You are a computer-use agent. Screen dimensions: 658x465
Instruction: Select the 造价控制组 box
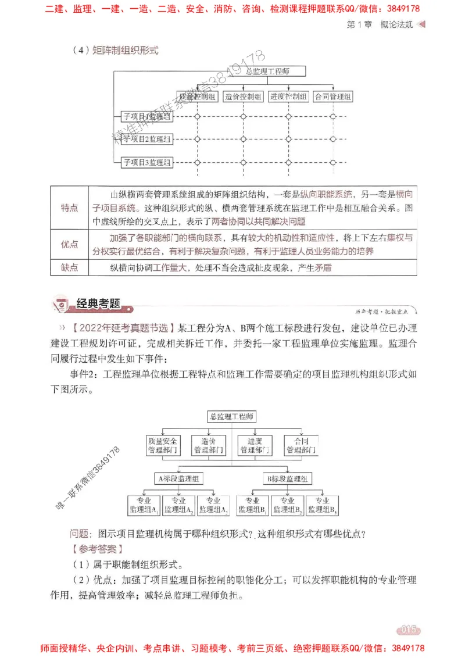[243, 96]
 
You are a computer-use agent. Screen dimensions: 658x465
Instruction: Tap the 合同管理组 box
[333, 96]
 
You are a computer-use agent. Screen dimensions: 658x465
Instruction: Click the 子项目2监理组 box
[146, 139]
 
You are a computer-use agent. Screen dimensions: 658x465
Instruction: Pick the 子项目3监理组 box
[146, 162]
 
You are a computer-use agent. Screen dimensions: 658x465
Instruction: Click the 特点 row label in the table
[69, 208]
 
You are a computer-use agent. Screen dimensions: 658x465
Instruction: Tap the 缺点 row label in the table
[69, 268]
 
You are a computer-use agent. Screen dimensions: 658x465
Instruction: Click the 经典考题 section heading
[98, 303]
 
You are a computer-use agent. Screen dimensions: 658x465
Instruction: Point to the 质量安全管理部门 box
[163, 445]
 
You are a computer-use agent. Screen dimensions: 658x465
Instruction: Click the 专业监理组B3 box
[323, 505]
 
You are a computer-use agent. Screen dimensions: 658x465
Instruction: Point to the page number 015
[408, 630]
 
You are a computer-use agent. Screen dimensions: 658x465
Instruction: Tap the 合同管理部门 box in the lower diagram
[301, 445]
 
